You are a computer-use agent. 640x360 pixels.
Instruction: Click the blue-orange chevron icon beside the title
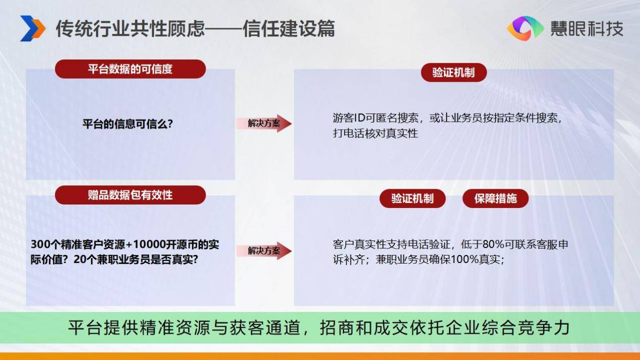[32, 28]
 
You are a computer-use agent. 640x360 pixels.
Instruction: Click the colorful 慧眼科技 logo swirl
[525, 28]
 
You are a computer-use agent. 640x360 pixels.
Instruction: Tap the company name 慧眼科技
[587, 29]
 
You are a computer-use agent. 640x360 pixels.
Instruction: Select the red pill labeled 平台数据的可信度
[130, 69]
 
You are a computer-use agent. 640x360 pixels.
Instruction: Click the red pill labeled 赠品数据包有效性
[130, 195]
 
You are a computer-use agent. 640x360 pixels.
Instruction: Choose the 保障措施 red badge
[496, 198]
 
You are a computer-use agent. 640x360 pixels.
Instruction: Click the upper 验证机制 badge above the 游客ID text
[454, 73]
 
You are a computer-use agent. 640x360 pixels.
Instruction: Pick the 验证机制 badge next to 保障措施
[412, 198]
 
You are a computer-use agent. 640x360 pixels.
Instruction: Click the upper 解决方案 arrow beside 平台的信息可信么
[264, 123]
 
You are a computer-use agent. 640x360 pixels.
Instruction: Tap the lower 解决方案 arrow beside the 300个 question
[264, 250]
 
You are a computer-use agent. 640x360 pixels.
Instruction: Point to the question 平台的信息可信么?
[128, 124]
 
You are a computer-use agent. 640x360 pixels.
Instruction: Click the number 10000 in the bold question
[150, 244]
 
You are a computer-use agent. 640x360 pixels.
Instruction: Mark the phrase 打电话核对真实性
[375, 133]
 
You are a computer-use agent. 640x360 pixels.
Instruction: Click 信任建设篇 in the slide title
[288, 29]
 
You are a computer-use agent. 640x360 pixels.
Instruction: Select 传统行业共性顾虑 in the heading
[130, 29]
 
